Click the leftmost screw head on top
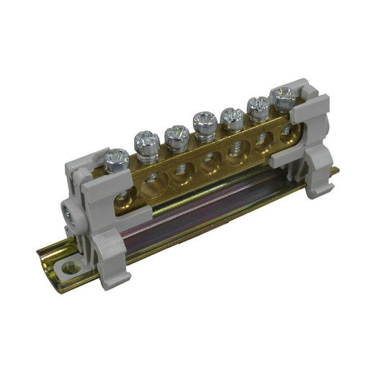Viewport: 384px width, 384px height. [116, 157]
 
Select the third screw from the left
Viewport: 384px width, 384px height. [176, 134]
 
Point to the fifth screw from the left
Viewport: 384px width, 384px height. [232, 115]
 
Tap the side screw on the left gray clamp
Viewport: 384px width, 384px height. [68, 215]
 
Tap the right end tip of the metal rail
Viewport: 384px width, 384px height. [336, 171]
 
